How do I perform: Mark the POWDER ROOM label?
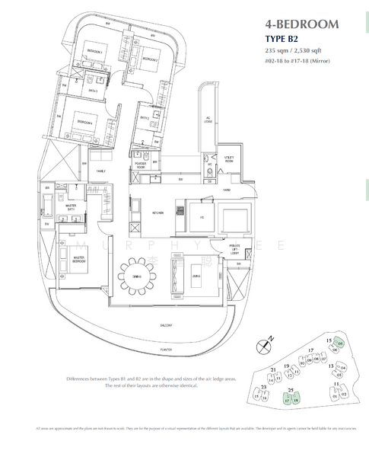pyautogui.click(x=142, y=164)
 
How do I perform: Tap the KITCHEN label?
pyautogui.click(x=158, y=213)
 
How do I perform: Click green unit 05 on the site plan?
pyautogui.click(x=340, y=344)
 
